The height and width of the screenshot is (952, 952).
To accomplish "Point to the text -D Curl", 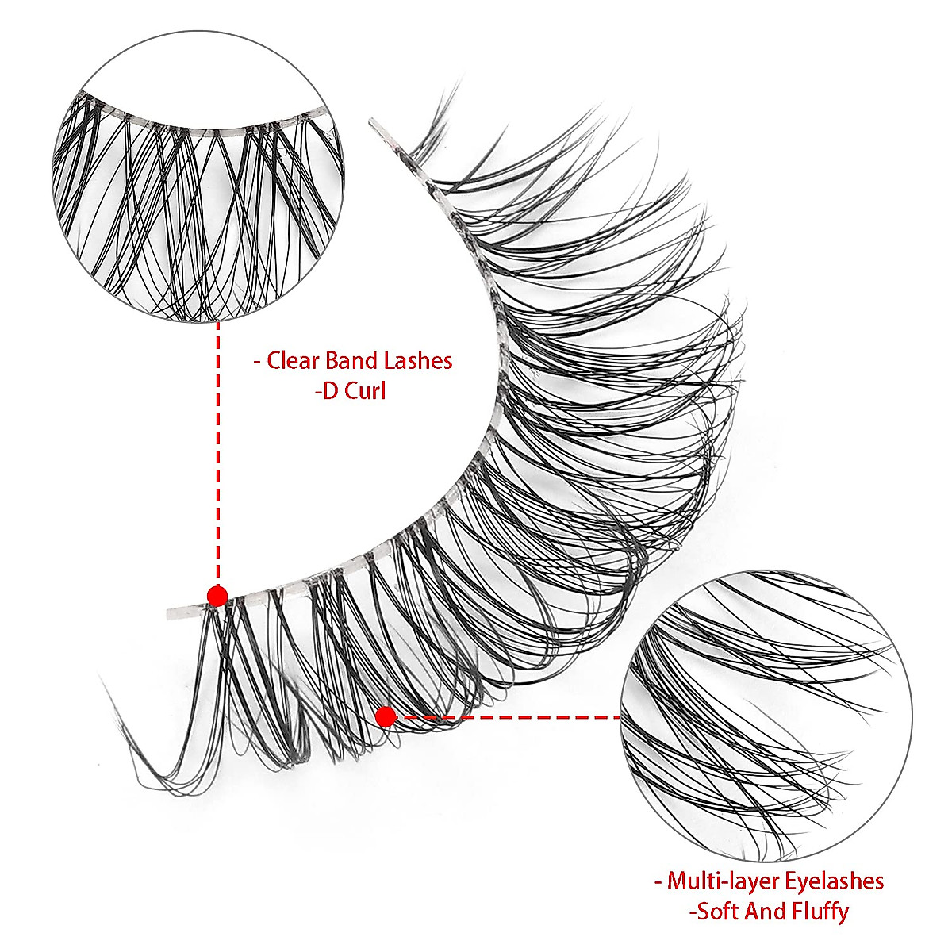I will pyautogui.click(x=350, y=391).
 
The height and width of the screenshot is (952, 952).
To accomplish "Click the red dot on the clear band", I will pyautogui.click(x=217, y=595).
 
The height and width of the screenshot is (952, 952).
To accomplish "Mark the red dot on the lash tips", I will pyautogui.click(x=386, y=717).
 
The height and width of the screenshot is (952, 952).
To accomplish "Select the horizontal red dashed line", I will pyautogui.click(x=508, y=717).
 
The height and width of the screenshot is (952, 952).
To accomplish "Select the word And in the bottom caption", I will pyautogui.click(x=760, y=911).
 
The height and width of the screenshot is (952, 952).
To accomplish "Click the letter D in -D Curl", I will pyautogui.click(x=329, y=391).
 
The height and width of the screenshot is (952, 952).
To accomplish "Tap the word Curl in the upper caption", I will pyautogui.click(x=364, y=391).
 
